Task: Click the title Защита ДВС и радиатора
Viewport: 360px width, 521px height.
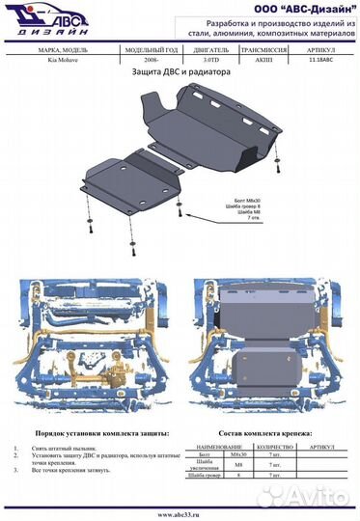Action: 180,71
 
